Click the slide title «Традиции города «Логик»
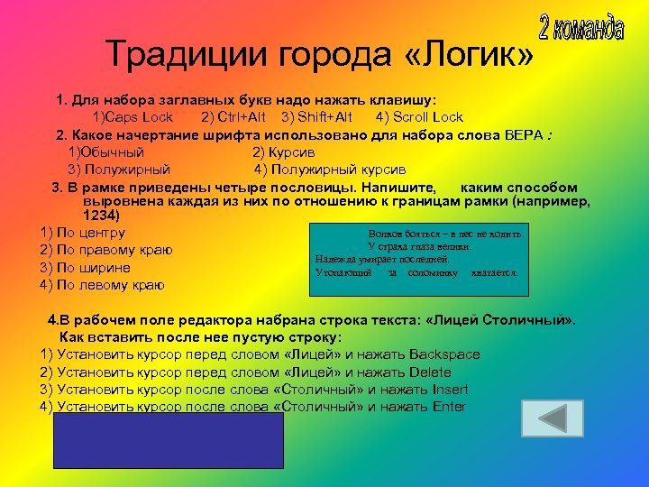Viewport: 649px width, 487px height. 320,54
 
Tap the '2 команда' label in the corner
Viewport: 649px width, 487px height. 581,28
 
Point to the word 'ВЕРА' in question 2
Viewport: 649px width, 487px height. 524,134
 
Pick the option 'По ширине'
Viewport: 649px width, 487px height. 85,268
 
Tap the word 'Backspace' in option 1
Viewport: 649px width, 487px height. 443,354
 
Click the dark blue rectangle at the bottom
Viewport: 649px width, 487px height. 169,441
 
